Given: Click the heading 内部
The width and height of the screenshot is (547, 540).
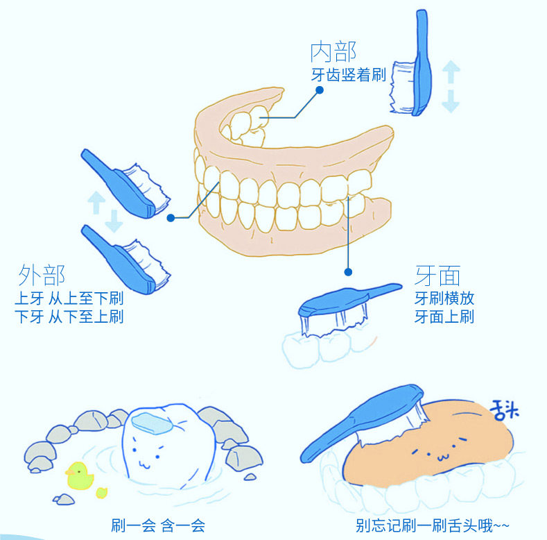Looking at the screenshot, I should coord(333,53).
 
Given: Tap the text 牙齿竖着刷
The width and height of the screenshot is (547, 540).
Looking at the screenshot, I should coord(348,76).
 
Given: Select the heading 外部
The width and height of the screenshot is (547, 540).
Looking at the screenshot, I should coord(42,276).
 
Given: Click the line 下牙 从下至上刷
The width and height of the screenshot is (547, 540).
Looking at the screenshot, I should coord(69,317).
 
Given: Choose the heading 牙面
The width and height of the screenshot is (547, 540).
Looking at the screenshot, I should coord(437,276).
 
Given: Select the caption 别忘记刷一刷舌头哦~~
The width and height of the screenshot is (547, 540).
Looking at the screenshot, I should coord(424,525).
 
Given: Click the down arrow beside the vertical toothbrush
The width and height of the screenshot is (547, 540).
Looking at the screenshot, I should coord(451,100).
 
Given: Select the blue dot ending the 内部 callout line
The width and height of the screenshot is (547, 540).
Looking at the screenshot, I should coord(320,90).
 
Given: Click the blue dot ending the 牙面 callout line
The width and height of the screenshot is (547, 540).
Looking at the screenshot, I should coord(348,273).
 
